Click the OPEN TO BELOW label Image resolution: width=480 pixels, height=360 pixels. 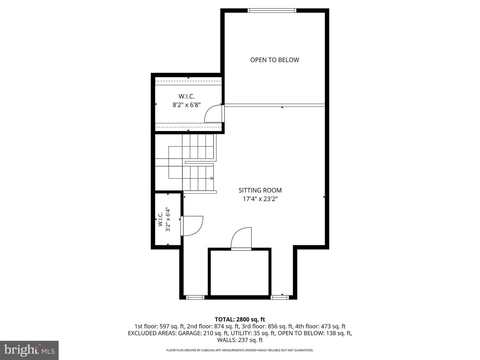click(x=274, y=60)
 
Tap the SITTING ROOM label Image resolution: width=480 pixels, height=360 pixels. click(x=260, y=190)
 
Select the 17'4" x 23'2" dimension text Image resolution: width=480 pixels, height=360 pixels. click(x=260, y=199)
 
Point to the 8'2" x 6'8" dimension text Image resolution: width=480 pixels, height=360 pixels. click(x=187, y=105)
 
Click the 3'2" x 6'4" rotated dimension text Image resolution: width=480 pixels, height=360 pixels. click(x=168, y=219)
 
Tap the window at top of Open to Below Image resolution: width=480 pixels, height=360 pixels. click(x=272, y=10)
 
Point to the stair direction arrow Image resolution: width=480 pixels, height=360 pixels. click(x=212, y=178)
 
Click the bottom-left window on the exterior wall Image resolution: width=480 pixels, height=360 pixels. click(x=195, y=297)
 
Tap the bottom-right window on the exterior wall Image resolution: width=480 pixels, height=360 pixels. click(x=280, y=297)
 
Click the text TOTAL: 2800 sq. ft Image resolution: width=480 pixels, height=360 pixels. click(x=240, y=320)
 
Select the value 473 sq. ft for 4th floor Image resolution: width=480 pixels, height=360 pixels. click(x=333, y=326)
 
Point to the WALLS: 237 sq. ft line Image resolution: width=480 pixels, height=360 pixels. click(x=240, y=340)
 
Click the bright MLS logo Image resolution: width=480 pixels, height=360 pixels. click(x=29, y=350)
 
